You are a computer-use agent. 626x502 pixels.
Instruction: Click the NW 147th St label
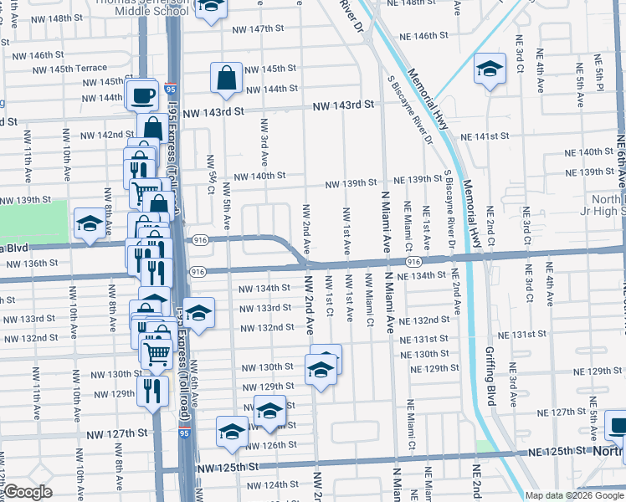(x=254, y=28)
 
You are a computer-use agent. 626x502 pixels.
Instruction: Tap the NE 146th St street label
(x=425, y=37)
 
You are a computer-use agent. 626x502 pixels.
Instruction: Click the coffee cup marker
(x=142, y=95)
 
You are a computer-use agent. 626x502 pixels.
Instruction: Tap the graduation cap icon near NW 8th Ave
(x=89, y=223)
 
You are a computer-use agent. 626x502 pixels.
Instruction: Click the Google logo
(x=28, y=492)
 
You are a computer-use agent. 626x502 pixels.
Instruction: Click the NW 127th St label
(x=118, y=433)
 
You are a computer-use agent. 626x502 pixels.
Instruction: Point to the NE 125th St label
(x=557, y=452)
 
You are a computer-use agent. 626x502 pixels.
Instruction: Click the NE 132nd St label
(x=424, y=320)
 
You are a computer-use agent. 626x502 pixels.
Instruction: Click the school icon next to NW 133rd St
(x=198, y=314)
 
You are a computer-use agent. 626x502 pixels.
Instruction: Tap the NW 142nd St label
(x=106, y=135)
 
